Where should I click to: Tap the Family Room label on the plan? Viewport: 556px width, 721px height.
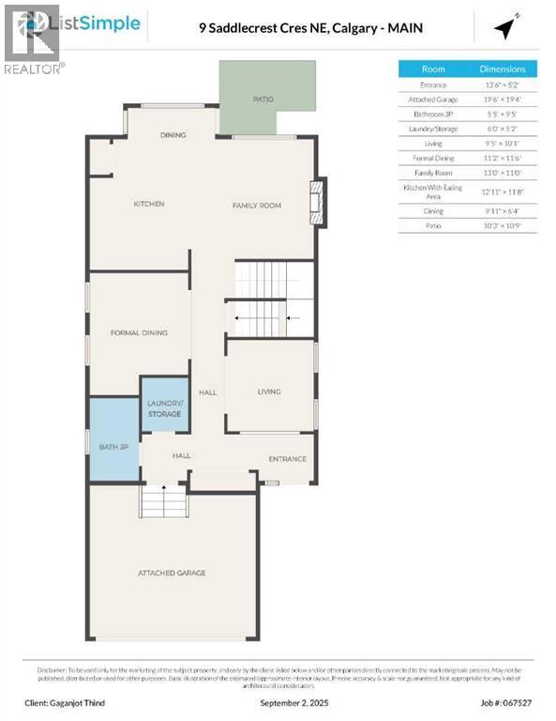pos(257,205)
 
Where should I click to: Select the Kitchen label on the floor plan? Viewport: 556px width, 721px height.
pos(148,204)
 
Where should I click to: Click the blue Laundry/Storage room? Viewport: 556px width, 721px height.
pos(164,406)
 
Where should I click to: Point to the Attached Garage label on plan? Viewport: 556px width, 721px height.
pos(172,573)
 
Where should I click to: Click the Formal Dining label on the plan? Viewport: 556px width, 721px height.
pos(139,332)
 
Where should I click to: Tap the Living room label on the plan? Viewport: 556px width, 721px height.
pos(269,391)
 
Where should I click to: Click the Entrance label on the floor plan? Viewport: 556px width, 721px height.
pos(287,459)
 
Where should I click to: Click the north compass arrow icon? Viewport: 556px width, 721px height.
pos(506,29)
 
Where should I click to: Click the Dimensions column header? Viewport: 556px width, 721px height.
pos(503,69)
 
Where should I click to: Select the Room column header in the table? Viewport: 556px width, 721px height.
pos(433,69)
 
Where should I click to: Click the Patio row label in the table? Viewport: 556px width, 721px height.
pos(433,225)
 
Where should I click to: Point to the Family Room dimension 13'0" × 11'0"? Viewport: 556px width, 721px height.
pos(503,172)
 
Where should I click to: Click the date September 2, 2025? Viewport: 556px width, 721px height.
pos(278,700)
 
